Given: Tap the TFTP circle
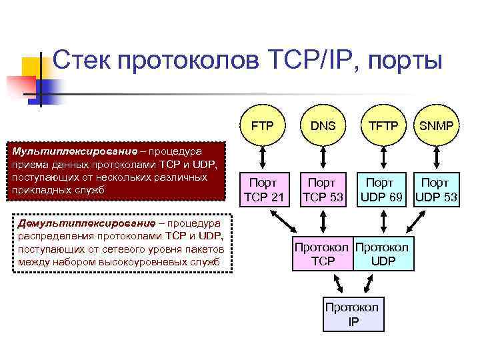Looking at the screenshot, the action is (x=383, y=125).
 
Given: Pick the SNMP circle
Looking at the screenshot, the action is (x=441, y=125).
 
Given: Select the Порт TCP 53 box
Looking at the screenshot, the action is (x=323, y=189).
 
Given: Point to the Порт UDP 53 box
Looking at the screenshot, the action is (x=437, y=189).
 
